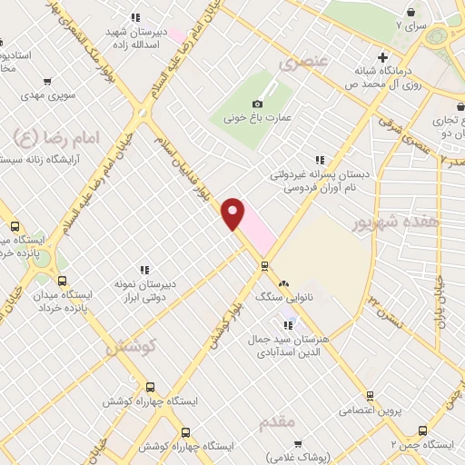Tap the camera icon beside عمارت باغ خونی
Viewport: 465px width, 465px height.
[x=258, y=104]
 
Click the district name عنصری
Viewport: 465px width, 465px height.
[x=302, y=64]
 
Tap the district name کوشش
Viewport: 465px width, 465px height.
[x=131, y=346]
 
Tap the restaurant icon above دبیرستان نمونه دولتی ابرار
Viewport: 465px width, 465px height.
[x=143, y=269]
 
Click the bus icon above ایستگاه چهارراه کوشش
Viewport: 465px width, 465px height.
[x=150, y=387]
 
